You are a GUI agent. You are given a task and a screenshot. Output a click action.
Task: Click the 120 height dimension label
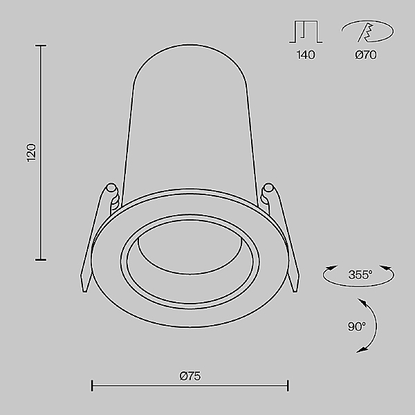[30, 153]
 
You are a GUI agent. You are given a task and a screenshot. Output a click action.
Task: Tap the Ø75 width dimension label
[190, 376]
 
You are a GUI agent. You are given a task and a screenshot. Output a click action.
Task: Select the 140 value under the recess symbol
[305, 55]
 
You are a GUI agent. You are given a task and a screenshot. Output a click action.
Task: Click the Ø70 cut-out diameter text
[365, 55]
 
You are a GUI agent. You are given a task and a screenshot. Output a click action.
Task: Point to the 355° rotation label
[360, 275]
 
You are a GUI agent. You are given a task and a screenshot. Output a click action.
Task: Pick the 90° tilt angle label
[357, 326]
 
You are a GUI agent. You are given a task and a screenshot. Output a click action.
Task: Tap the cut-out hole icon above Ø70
[366, 32]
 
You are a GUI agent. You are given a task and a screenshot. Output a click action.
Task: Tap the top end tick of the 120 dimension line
[41, 46]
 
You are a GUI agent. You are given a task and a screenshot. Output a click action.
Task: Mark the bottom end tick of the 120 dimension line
[41, 259]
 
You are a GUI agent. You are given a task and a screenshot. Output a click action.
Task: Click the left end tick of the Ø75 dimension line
[93, 385]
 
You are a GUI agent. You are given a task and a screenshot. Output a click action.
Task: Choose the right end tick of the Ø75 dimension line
[288, 385]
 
